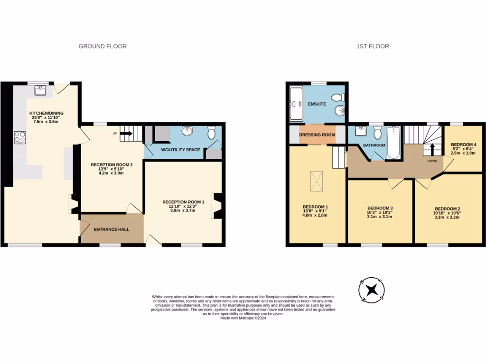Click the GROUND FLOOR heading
pyautogui.click(x=103, y=46)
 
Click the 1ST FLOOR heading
pyautogui.click(x=373, y=46)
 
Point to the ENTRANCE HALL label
pyautogui.click(x=112, y=229)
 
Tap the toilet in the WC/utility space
pyautogui.click(x=212, y=132)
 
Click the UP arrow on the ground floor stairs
pyautogui.click(x=126, y=134)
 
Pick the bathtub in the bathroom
pyautogui.click(x=393, y=142)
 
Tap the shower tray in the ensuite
pyautogui.click(x=296, y=103)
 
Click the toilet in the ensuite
pyautogui.click(x=338, y=98)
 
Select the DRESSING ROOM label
pyautogui.click(x=317, y=135)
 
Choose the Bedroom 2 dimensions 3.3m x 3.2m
pyautogui.click(x=447, y=218)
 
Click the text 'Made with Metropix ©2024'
pyautogui.click(x=243, y=318)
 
